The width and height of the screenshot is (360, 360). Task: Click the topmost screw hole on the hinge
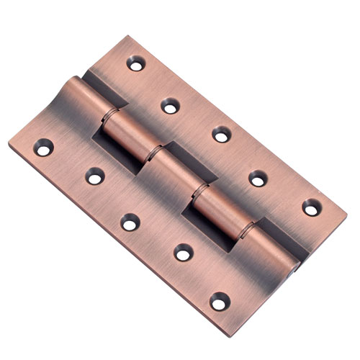tap(135, 64)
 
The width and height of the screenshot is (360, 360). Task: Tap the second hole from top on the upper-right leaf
tap(170, 107)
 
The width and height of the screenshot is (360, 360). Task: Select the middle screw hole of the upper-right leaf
tap(221, 135)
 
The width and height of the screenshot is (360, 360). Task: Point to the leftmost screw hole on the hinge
tap(45, 148)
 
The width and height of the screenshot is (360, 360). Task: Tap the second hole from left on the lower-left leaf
tap(94, 176)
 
